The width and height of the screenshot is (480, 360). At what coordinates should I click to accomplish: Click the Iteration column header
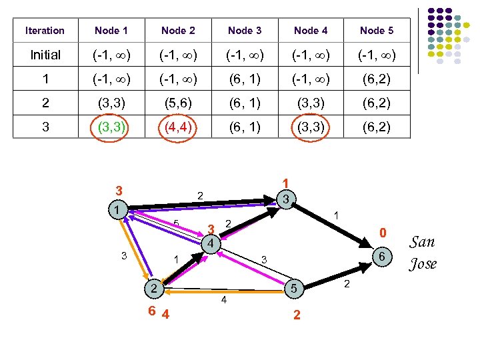45,31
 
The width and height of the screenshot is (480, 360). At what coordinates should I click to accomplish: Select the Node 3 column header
245,31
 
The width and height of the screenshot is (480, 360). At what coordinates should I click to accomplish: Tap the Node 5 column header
377,31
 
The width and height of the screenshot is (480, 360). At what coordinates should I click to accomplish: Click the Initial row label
45,55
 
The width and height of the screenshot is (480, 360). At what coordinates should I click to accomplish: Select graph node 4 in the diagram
209,244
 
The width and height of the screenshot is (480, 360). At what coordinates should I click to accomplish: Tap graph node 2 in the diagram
153,289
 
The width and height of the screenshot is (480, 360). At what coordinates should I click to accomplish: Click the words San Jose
423,253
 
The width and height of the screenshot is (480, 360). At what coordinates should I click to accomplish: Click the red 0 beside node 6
382,233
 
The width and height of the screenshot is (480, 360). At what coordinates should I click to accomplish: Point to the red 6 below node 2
152,311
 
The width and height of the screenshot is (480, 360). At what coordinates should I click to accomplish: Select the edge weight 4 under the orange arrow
224,301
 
